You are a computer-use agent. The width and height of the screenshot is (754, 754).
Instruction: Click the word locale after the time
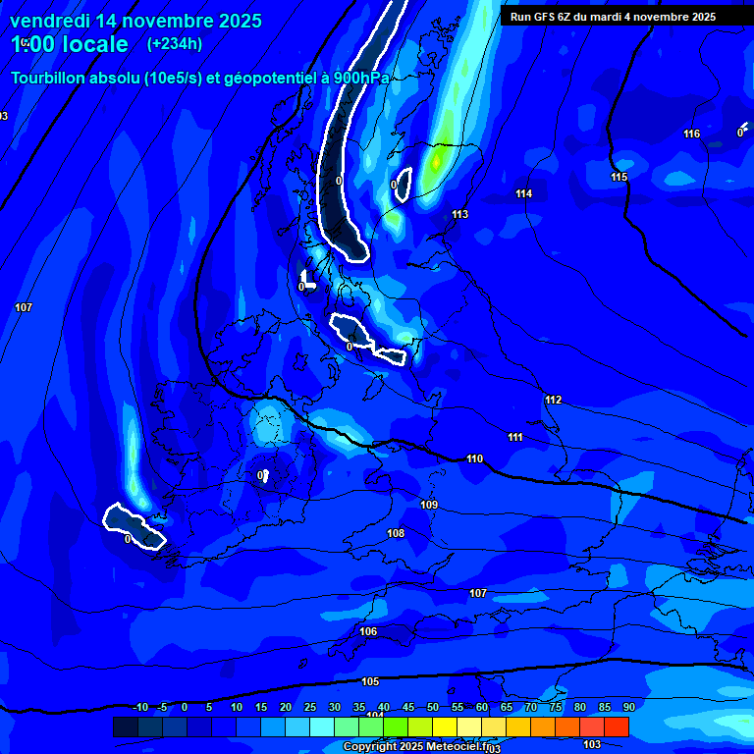pyautogui.click(x=92, y=44)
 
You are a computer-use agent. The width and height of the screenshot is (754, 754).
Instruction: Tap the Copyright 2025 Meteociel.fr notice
pyautogui.click(x=416, y=747)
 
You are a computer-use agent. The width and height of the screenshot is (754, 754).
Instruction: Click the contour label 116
pyautogui.click(x=692, y=135)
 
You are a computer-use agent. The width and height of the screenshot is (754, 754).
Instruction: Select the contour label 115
pyautogui.click(x=619, y=178)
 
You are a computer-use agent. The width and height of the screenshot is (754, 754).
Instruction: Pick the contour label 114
pyautogui.click(x=524, y=194)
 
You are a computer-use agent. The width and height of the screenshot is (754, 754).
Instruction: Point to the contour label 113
pyautogui.click(x=459, y=215)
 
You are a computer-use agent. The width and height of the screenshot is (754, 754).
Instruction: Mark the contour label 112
pyautogui.click(x=553, y=401)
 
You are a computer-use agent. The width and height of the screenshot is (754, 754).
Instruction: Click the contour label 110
pyautogui.click(x=475, y=459)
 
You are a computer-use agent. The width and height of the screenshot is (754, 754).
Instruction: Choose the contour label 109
pyautogui.click(x=429, y=506)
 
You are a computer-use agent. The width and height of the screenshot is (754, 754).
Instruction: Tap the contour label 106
pyautogui.click(x=368, y=632)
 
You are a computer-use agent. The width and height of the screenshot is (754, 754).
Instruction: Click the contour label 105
pyautogui.click(x=370, y=682)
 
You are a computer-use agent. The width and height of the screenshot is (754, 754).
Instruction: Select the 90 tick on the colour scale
pyautogui.click(x=628, y=708)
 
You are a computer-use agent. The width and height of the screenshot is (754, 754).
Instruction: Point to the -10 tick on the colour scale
pyautogui.click(x=140, y=708)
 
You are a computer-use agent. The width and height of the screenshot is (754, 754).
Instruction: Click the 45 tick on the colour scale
pyautogui.click(x=408, y=708)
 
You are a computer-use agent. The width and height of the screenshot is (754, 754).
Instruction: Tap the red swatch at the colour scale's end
pyautogui.click(x=617, y=727)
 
